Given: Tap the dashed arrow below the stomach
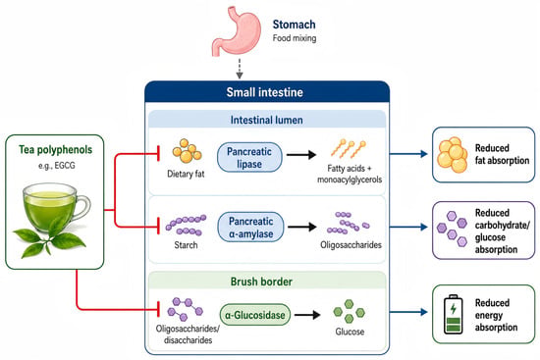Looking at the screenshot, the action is [240, 69].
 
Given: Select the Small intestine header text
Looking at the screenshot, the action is [264, 92].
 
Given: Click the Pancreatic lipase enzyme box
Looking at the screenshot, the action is [249, 157].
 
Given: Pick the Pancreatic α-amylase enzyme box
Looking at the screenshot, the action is [250, 228].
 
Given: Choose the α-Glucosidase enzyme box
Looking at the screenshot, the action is [255, 315].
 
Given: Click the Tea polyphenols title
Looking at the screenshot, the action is [55, 150].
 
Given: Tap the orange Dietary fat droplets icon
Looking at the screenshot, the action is [187, 150].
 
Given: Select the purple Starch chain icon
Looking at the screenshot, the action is [186, 225].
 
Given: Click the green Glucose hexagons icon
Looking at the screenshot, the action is [349, 311].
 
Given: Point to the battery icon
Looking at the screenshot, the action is [454, 314].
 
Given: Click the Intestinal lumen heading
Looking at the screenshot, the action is [266, 120].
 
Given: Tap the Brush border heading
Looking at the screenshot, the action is [261, 282].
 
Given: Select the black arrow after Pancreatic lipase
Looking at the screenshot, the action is [301, 155].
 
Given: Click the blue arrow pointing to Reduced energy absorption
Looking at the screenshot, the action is [408, 312].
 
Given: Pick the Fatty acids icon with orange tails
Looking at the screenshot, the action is [349, 149].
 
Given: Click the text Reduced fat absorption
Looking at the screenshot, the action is [502, 154].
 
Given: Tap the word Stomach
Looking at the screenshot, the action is [295, 25].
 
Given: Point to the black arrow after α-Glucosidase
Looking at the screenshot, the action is [307, 315].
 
